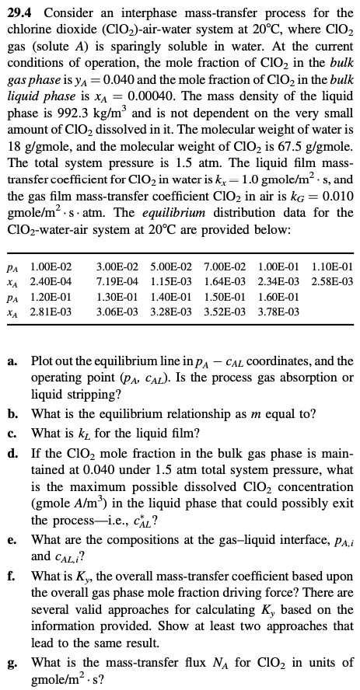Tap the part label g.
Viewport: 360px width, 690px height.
pos(13,662)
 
